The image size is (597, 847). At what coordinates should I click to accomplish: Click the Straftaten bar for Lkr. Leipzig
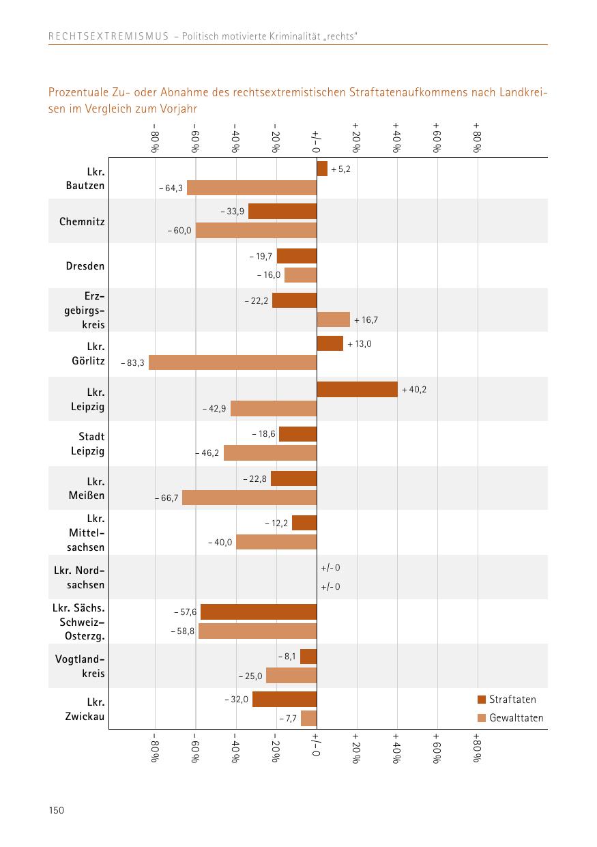pos(358,389)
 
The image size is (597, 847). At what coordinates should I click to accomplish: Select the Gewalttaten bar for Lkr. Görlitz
pos(233,362)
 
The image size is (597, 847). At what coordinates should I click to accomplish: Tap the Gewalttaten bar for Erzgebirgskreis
pos(334,319)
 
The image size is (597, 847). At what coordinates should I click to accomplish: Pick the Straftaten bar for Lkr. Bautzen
pos(322,169)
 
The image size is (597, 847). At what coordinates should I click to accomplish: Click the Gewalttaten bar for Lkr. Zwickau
pos(309,718)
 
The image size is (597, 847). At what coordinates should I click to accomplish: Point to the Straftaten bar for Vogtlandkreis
pos(308,657)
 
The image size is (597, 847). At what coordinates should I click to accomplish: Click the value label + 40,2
pos(414,389)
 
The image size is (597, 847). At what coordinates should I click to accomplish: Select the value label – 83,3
pos(132,363)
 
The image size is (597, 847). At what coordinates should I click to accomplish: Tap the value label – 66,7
pos(166,498)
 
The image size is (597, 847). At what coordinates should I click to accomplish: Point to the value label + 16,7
pos(366,319)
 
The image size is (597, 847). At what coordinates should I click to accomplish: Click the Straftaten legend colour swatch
pos(481,700)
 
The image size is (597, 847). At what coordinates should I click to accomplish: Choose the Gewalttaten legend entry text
pos(516,718)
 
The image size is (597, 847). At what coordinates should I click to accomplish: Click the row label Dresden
pos(85,266)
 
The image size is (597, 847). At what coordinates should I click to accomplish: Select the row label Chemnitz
pos(82,221)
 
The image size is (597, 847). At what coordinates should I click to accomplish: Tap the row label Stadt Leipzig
pos(87,444)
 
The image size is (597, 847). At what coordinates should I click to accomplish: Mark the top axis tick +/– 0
pos(316,141)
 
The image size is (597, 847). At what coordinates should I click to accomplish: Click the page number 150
pos(56,810)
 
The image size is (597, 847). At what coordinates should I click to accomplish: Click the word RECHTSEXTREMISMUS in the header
pos(108,36)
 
